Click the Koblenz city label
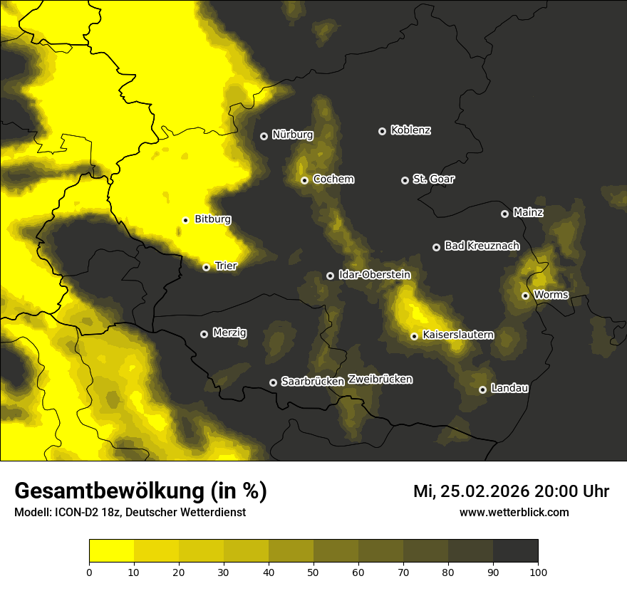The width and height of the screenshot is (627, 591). pyautogui.click(x=411, y=130)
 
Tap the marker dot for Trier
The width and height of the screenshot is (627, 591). pyautogui.click(x=206, y=267)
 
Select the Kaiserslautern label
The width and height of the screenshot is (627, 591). pyautogui.click(x=458, y=335)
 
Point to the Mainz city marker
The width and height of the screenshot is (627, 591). pyautogui.click(x=504, y=214)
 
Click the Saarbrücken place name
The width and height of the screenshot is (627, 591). pyautogui.click(x=313, y=382)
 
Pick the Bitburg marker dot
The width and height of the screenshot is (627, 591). pyautogui.click(x=185, y=220)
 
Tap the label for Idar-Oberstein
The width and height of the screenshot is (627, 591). pyautogui.click(x=375, y=275)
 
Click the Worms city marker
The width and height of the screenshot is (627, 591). pyautogui.click(x=525, y=295)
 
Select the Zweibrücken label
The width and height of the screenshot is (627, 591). pyautogui.click(x=380, y=380)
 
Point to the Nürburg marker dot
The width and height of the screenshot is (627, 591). pyautogui.click(x=264, y=136)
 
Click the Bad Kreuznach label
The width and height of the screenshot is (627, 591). pyautogui.click(x=482, y=246)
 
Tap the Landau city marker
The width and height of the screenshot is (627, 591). pyautogui.click(x=482, y=389)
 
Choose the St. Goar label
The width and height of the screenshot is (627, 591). pyautogui.click(x=434, y=179)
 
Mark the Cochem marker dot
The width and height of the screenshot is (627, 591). pyautogui.click(x=304, y=180)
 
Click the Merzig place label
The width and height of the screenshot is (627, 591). pyautogui.click(x=229, y=333)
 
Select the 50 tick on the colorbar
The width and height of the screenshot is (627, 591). pyautogui.click(x=313, y=572)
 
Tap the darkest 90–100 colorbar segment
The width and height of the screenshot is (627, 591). pyautogui.click(x=515, y=551)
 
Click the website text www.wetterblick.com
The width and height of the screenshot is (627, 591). pyautogui.click(x=514, y=512)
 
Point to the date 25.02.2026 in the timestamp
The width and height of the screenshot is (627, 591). pyautogui.click(x=484, y=491)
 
